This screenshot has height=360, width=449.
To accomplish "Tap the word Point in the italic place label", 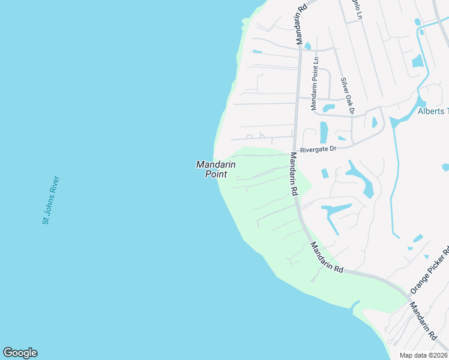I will [216, 174].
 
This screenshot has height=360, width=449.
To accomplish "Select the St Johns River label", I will [50, 200].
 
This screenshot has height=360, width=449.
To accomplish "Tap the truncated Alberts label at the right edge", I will [433, 111].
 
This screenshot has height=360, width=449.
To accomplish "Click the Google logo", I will [20, 353].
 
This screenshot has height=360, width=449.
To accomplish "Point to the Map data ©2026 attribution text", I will [424, 355].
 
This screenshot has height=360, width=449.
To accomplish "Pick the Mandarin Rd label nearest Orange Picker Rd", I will [423, 319].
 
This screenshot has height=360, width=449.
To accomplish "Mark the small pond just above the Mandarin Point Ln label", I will [307, 46].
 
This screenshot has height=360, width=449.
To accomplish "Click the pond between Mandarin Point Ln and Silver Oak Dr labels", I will [328, 108].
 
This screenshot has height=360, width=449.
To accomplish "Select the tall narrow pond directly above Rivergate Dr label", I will [324, 132].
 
